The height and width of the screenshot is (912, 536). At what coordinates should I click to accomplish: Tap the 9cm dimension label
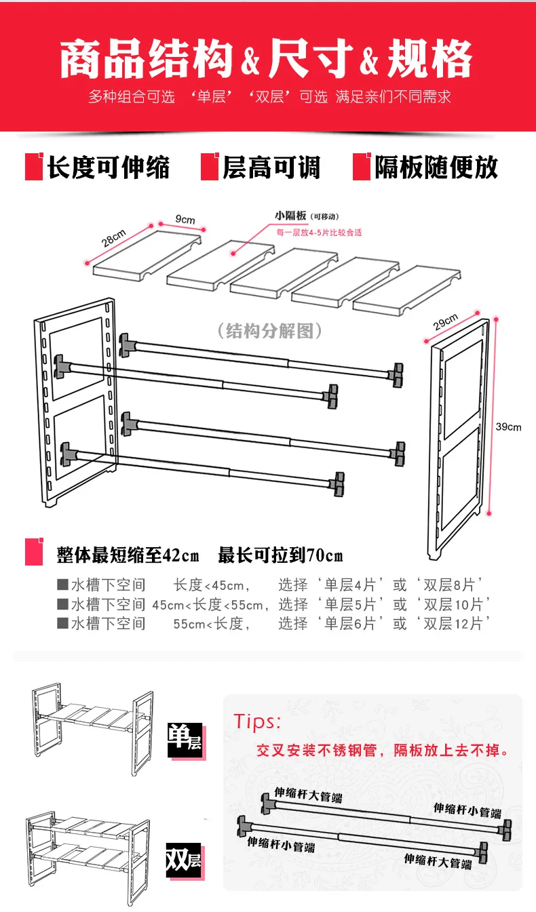(x=185, y=220)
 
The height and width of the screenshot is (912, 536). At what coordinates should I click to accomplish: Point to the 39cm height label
(x=508, y=427)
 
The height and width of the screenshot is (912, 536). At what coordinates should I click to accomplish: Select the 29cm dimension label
(x=445, y=322)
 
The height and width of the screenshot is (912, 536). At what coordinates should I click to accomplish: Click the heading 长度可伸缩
(x=108, y=167)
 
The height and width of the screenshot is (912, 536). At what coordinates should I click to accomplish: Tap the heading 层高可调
(x=271, y=167)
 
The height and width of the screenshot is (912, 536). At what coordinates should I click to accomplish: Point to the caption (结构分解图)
(x=269, y=331)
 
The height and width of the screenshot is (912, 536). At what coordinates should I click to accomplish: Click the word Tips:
(x=257, y=721)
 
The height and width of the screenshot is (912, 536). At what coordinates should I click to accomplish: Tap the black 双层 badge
(x=185, y=860)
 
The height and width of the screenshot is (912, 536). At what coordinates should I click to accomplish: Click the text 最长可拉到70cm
(x=280, y=556)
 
